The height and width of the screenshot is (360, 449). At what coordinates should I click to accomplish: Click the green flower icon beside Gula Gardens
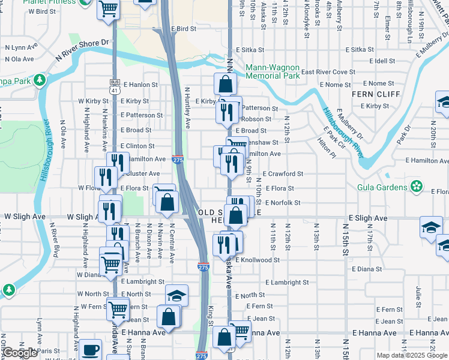(416, 187)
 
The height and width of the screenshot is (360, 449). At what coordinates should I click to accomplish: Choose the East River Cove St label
(328, 72)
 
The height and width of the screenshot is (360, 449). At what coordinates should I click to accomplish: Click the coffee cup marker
(91, 349)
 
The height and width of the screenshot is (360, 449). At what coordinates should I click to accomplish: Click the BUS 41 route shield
(115, 86)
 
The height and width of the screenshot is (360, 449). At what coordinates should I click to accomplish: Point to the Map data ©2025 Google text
(411, 355)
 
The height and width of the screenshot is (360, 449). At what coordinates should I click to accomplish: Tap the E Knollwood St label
(258, 260)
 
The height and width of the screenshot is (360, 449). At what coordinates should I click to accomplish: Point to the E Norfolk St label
(282, 203)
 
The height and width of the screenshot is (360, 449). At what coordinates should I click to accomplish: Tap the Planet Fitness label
(50, 2)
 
